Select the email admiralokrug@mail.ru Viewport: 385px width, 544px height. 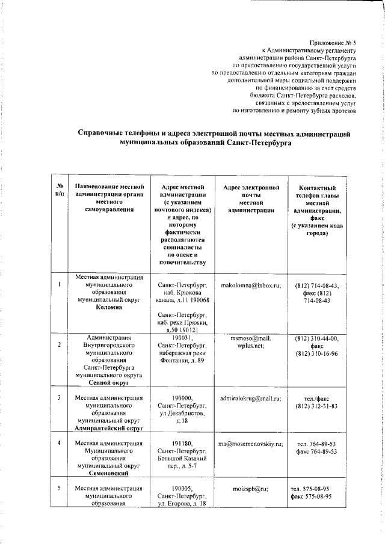[251, 398]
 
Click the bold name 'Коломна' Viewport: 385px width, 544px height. [108, 307]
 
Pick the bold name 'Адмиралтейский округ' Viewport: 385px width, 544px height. [108, 429]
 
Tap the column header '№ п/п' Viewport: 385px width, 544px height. [60, 191]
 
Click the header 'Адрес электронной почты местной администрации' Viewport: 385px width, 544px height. [251, 200]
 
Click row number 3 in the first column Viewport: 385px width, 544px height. [59, 398]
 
